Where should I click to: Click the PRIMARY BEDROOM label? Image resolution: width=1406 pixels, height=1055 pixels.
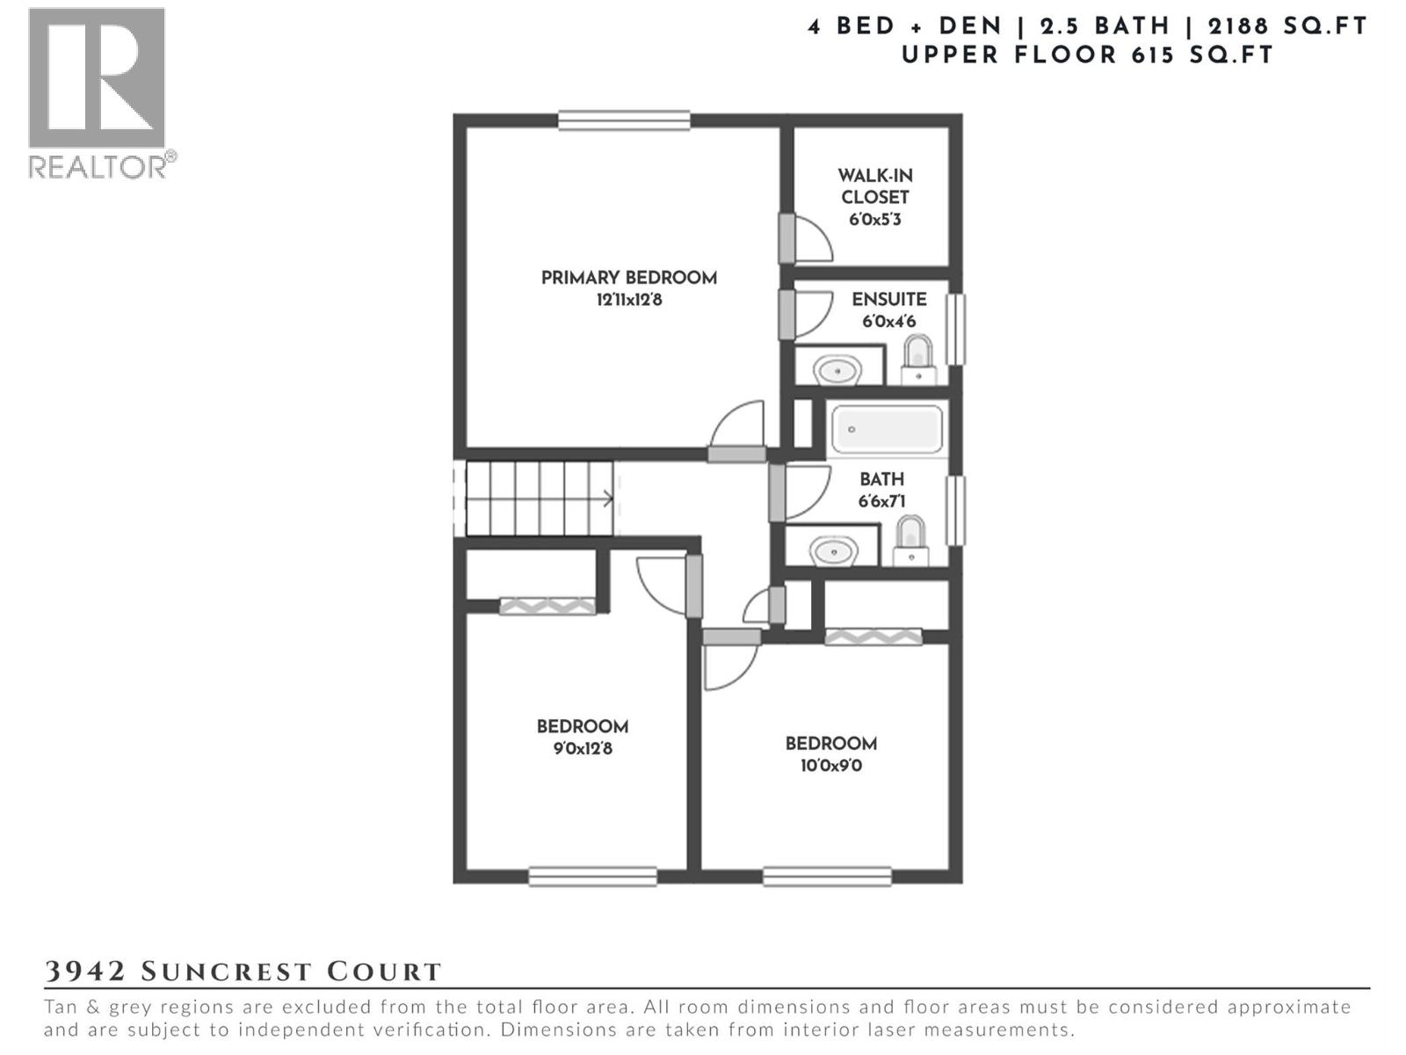tap(628, 278)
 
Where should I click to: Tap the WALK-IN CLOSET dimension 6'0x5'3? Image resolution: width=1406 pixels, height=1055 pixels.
tap(874, 220)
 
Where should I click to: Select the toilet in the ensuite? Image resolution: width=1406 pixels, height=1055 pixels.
tap(918, 360)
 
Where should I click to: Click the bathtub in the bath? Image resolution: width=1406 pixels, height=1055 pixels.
tap(887, 430)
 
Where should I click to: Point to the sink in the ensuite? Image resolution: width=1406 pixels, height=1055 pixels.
tap(837, 369)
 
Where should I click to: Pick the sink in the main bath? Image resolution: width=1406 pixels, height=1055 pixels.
tap(833, 552)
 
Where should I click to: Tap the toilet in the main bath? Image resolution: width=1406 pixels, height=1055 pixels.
tap(910, 541)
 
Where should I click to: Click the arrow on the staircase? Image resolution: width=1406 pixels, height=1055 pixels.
tap(606, 499)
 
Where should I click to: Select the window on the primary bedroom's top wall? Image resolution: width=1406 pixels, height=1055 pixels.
tap(624, 120)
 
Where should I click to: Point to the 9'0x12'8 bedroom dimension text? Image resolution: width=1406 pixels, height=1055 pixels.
tap(582, 749)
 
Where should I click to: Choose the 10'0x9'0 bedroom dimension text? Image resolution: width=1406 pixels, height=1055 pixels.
tap(830, 766)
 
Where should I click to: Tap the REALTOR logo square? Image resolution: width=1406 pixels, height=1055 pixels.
tap(97, 77)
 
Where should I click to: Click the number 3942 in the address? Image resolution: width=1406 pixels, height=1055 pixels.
tap(85, 971)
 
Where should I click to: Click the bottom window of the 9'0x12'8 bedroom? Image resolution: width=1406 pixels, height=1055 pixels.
tap(592, 877)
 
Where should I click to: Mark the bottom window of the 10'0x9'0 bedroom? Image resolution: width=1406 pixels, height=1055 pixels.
tap(827, 877)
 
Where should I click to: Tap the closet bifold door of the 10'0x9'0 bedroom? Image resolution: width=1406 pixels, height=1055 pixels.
tap(873, 637)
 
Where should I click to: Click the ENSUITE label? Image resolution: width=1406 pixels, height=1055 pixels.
tap(888, 300)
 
